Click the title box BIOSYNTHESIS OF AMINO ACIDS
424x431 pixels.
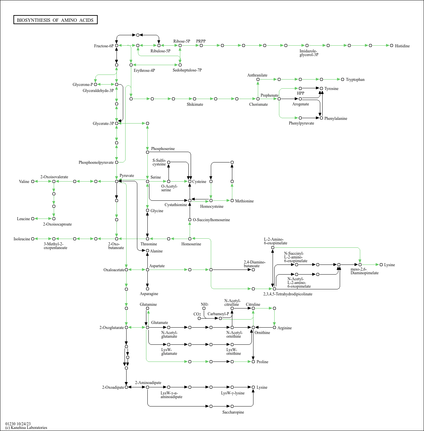click(x=55, y=20)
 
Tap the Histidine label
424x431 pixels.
click(x=402, y=46)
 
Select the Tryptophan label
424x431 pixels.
click(x=355, y=80)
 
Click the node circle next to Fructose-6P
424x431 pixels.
click(x=116, y=45)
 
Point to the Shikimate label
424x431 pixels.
click(x=195, y=104)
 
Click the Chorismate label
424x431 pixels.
click(x=258, y=104)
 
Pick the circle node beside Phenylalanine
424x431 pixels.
click(x=321, y=118)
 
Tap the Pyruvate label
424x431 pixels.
click(x=127, y=176)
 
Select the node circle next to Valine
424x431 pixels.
click(x=33, y=182)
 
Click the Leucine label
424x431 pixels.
click(x=23, y=219)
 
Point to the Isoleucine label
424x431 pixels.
click(x=22, y=239)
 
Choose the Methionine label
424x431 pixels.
click(x=244, y=201)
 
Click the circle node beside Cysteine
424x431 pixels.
click(x=190, y=182)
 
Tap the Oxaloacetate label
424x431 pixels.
click(x=114, y=270)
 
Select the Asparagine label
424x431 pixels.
click(x=149, y=294)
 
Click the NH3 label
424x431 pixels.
click(x=204, y=304)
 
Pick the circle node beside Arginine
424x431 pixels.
click(x=274, y=328)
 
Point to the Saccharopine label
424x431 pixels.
click(x=233, y=412)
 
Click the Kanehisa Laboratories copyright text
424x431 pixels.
click(x=26, y=428)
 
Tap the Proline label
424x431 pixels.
click(x=262, y=362)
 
